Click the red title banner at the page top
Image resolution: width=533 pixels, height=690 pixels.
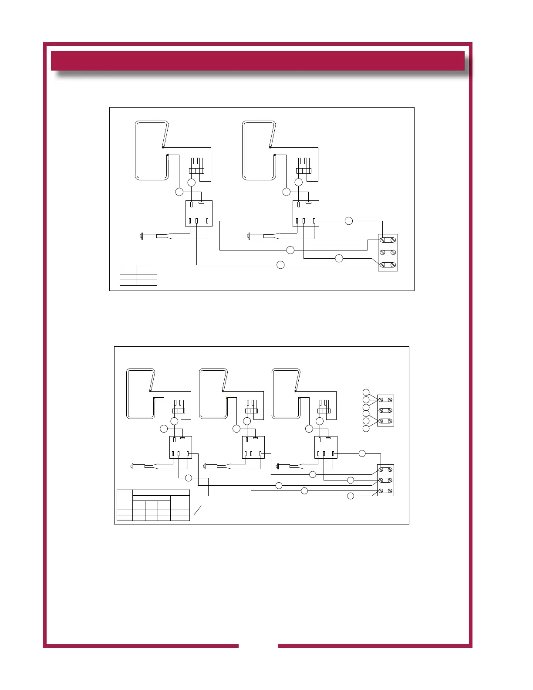(x=258, y=61)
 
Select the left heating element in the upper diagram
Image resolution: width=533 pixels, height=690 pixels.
(x=152, y=150)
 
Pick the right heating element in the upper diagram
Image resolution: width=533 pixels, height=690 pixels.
(x=259, y=150)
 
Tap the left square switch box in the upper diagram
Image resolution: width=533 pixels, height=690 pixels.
(x=199, y=213)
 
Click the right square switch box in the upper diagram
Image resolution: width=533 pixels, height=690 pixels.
(x=306, y=213)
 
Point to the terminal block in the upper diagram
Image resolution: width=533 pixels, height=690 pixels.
(x=388, y=252)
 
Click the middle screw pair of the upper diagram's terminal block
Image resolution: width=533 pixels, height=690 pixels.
(x=388, y=252)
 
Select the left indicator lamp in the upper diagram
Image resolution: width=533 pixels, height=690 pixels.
(x=148, y=236)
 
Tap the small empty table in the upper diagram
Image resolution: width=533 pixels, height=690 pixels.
(x=138, y=275)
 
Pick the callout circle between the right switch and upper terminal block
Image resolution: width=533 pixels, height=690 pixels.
(x=348, y=221)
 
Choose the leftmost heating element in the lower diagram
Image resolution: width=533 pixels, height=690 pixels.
(x=141, y=394)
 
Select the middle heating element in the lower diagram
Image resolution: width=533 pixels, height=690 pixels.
(x=213, y=394)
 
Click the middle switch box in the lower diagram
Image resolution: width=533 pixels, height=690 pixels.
(x=253, y=447)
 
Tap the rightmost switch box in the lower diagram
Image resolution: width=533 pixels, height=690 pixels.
(x=326, y=447)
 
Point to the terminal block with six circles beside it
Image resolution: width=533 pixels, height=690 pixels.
(x=385, y=410)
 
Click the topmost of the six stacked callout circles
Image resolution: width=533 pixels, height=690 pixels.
(x=366, y=392)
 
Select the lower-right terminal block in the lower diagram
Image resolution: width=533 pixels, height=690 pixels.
(x=385, y=480)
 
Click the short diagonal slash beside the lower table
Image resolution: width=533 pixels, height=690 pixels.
(x=197, y=511)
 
